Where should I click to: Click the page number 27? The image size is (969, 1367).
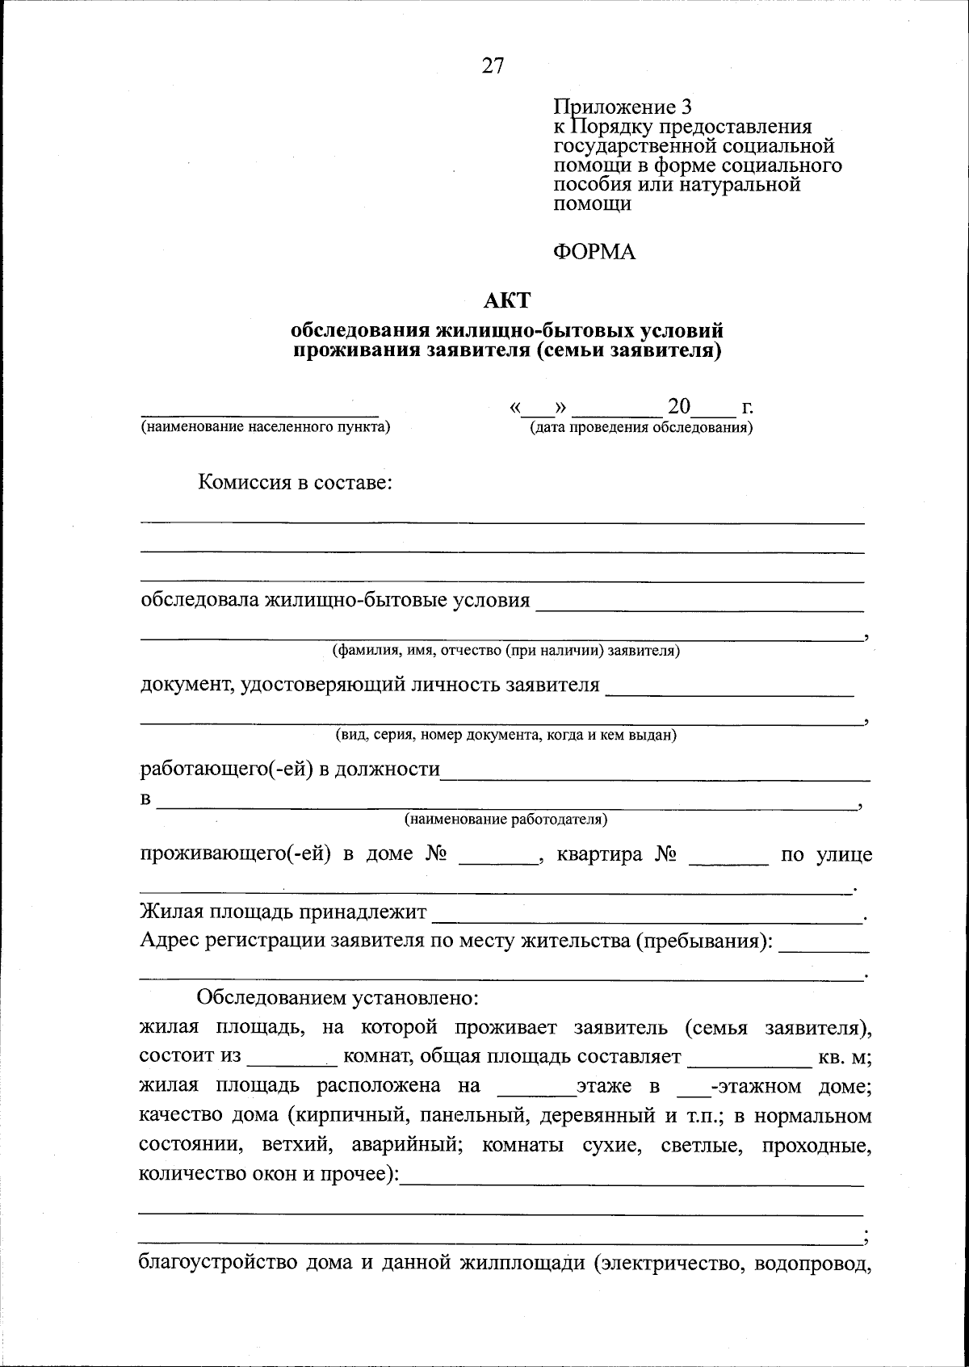(493, 67)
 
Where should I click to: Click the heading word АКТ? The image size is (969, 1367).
(506, 301)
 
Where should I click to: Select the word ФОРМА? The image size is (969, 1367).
(594, 253)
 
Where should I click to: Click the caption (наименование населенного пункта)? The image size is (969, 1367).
(266, 426)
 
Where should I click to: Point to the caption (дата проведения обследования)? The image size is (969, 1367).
(641, 427)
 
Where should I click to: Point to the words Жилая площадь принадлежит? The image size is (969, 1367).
(283, 913)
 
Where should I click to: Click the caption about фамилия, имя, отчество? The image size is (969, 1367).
(506, 651)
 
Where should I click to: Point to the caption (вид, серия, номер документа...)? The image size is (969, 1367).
(506, 736)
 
